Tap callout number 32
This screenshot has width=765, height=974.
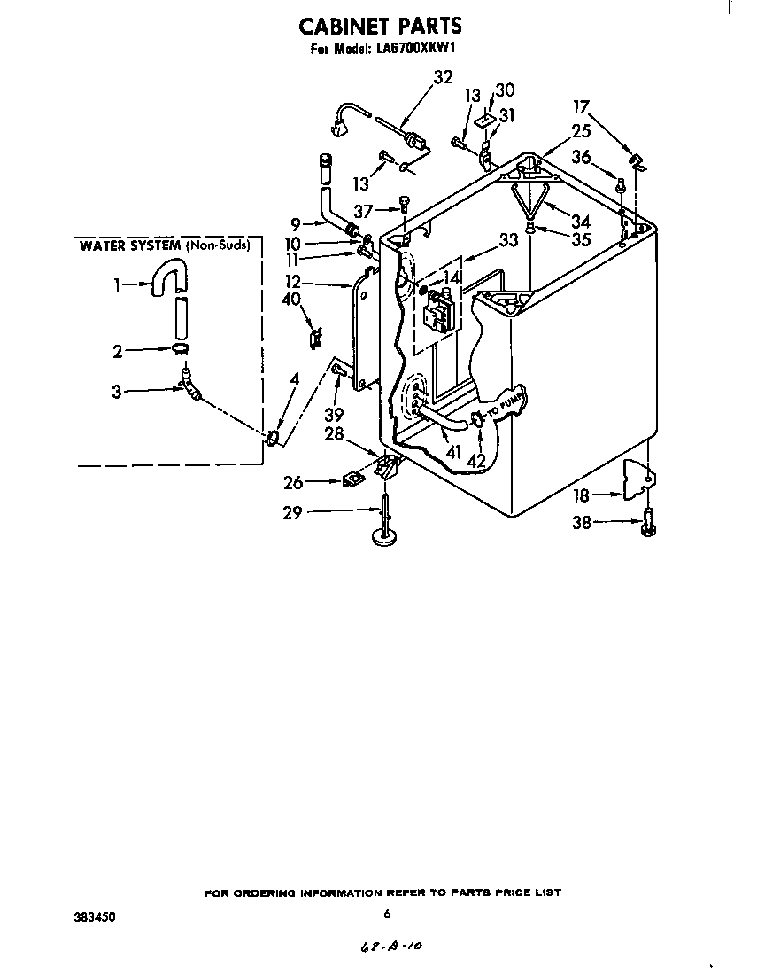pyautogui.click(x=443, y=77)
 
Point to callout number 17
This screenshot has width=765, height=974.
pyautogui.click(x=581, y=108)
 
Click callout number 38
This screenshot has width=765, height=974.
pyautogui.click(x=581, y=524)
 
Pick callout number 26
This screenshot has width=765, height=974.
pyautogui.click(x=293, y=482)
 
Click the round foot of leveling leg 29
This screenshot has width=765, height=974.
pyautogui.click(x=384, y=537)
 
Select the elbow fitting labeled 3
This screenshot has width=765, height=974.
pyautogui.click(x=189, y=385)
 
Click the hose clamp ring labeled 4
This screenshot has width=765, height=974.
pyautogui.click(x=272, y=436)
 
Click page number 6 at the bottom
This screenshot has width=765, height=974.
pyautogui.click(x=387, y=914)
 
